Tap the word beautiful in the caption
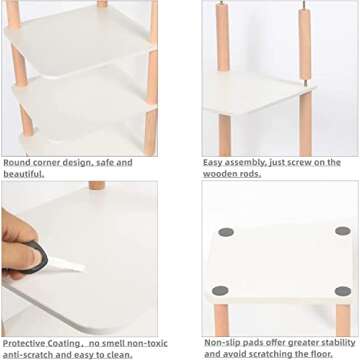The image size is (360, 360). coord(22,174)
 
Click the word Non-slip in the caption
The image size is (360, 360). coord(223,342)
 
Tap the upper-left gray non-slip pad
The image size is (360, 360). coord(226,232)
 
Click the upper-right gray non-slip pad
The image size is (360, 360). coord(342,231)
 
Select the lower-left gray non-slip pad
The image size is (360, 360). coord(220,291)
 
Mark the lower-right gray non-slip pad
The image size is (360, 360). coord(342,292)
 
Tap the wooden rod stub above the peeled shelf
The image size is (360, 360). coord(96,185)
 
